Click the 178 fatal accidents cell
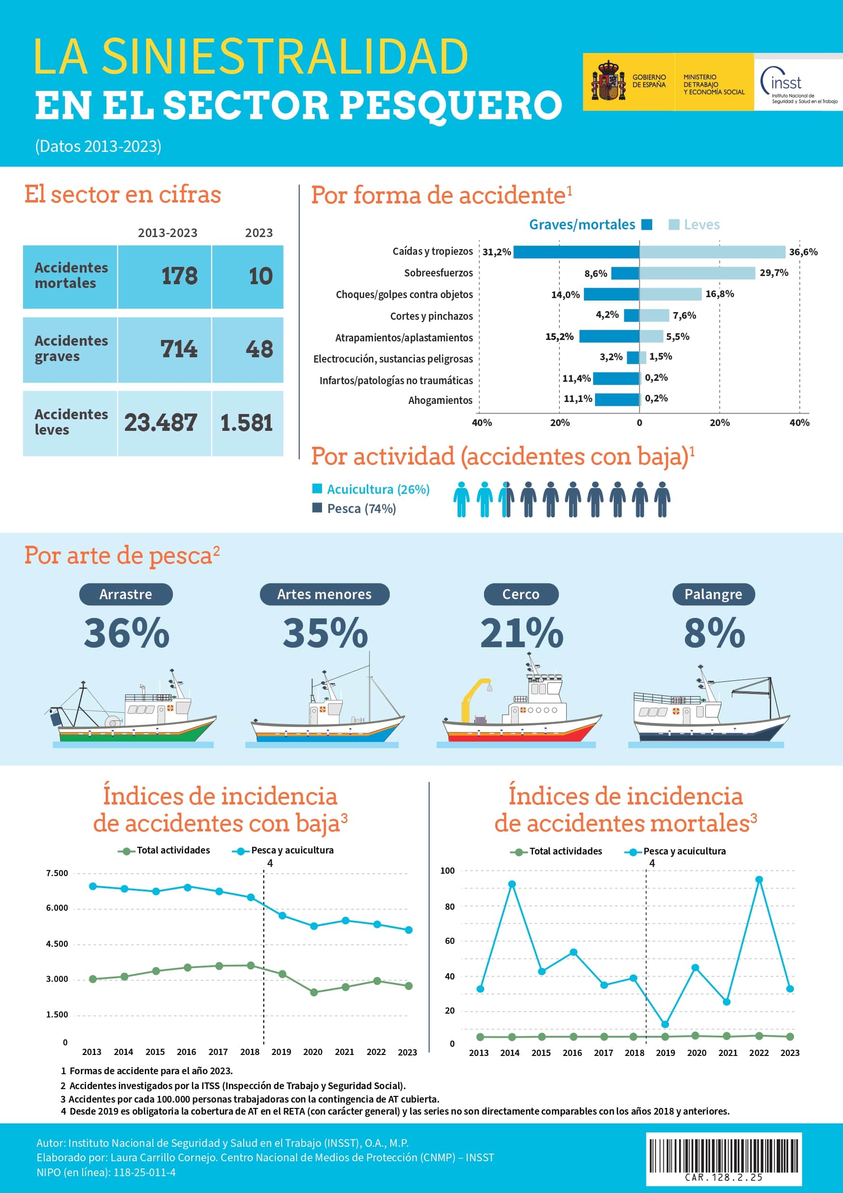point(165,276)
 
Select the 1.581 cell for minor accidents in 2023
point(247,423)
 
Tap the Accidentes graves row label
point(71,349)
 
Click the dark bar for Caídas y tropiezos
point(576,252)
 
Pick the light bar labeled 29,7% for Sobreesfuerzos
point(697,273)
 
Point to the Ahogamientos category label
point(440,400)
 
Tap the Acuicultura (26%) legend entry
point(371,489)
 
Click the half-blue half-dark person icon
point(506,499)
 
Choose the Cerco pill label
point(521,594)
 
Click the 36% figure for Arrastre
point(126,633)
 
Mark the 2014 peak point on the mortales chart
point(512,884)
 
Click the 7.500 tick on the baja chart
point(57,873)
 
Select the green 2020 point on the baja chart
point(314,992)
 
